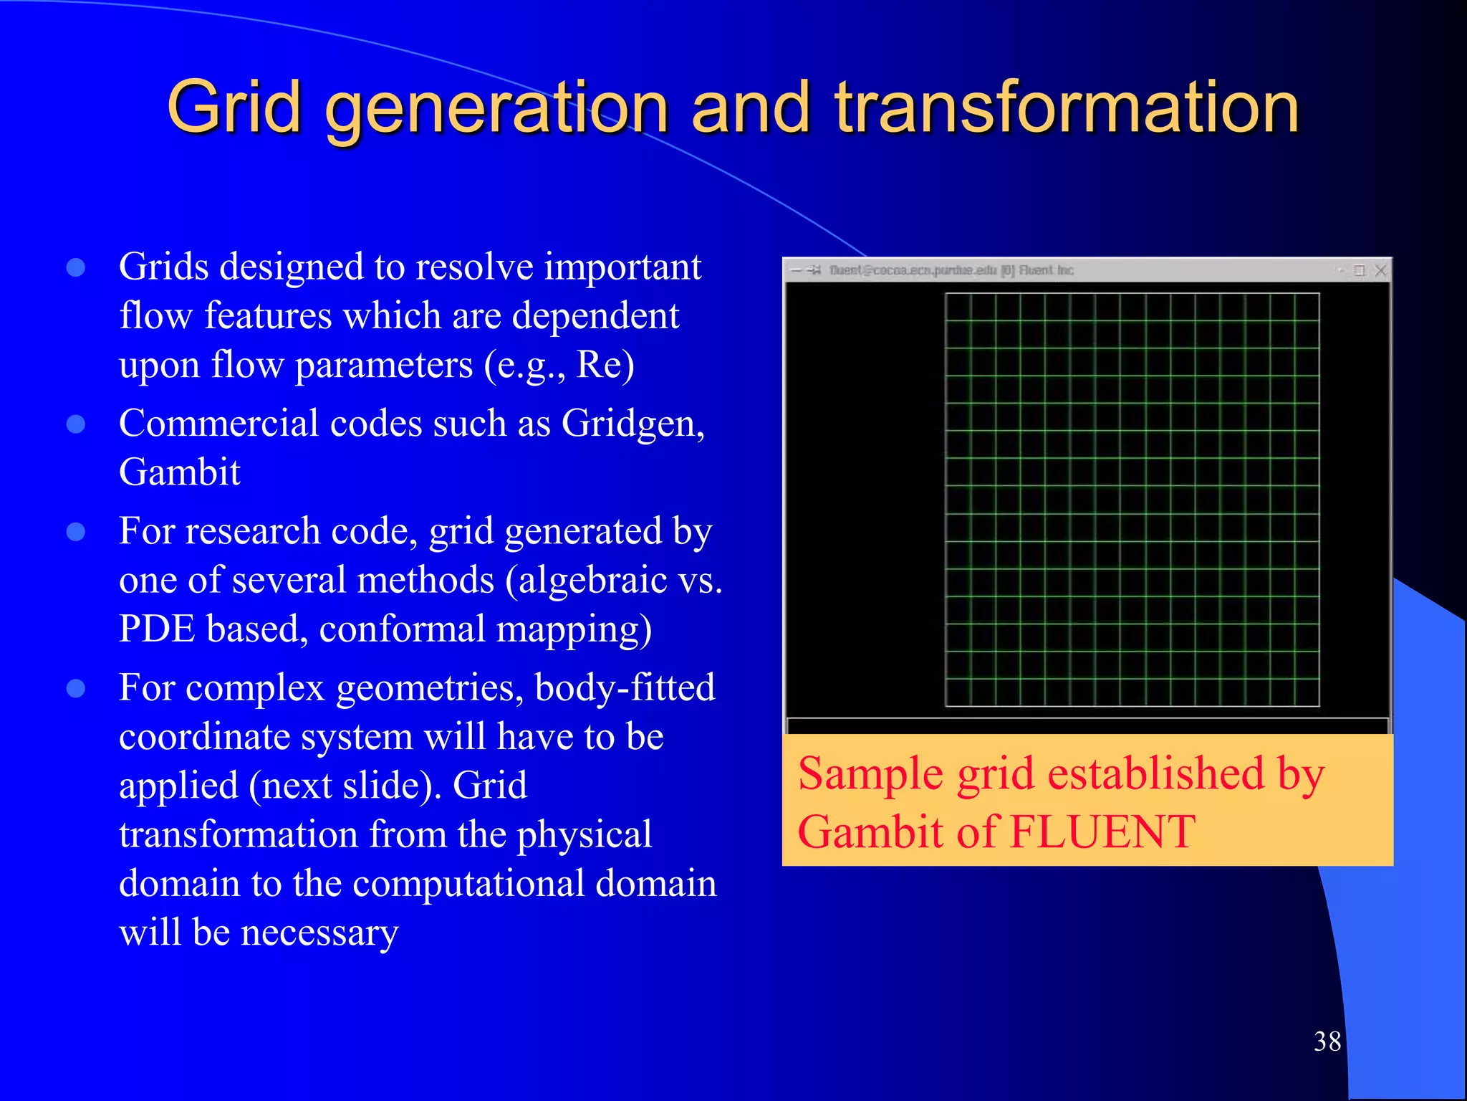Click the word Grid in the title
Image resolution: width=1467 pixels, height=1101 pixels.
(234, 108)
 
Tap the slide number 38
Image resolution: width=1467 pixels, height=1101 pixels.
(1327, 1042)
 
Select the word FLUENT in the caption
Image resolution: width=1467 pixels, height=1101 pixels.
(1103, 833)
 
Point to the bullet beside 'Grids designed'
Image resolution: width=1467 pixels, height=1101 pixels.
(76, 268)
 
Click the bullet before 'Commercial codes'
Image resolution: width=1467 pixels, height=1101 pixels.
(76, 424)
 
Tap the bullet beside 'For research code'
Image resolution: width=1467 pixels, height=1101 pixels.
(76, 532)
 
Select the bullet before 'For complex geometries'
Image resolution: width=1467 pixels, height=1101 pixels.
(76, 689)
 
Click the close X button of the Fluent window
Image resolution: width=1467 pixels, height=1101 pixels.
(1380, 270)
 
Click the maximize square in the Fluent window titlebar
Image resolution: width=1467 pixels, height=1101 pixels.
(1359, 270)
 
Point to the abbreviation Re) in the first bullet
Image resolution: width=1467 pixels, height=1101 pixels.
(605, 365)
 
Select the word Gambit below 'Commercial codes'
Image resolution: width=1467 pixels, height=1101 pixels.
(179, 472)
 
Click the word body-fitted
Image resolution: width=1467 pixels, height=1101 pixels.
(625, 688)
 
